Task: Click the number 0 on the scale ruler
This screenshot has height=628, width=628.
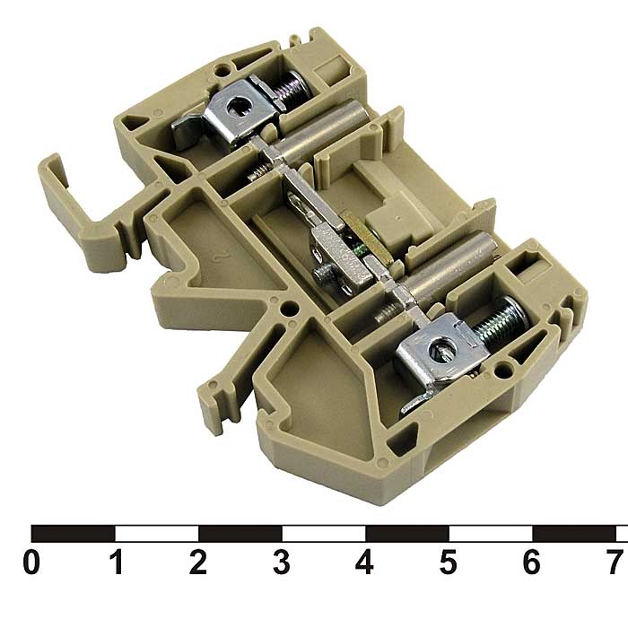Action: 31,562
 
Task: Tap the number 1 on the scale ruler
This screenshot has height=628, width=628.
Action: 116,562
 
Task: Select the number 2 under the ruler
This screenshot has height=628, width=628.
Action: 198,562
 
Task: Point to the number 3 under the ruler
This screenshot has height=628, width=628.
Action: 282,562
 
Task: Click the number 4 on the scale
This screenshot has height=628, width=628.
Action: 364,562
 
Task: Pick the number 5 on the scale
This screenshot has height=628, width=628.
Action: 449,562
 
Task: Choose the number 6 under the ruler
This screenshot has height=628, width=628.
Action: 531,562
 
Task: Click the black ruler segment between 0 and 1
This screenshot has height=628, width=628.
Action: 74,534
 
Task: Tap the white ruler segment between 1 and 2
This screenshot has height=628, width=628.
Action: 157,534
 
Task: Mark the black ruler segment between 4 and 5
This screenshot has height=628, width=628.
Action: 407,534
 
